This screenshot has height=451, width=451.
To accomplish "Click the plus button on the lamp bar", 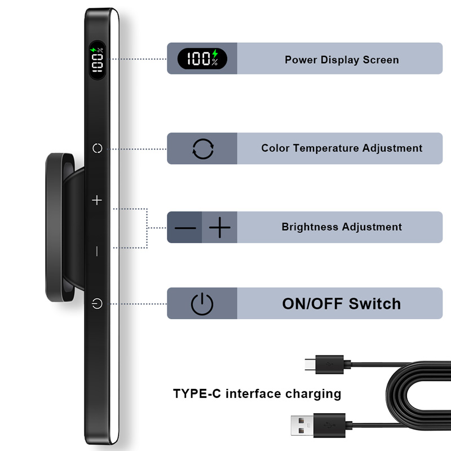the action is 97,200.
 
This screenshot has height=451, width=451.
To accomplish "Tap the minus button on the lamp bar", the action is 97,251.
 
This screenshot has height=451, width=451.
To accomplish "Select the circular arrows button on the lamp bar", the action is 97,148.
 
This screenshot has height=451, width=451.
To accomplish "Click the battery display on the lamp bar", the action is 97,60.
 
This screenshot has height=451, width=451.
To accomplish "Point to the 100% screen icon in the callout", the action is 202,59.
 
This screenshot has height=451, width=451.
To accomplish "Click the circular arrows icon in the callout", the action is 203,149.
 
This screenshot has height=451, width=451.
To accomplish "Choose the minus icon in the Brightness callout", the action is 185,228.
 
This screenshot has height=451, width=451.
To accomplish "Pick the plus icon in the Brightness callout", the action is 220,228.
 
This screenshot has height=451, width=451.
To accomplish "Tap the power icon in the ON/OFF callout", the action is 202,304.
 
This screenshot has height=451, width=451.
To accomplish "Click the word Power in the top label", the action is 301,60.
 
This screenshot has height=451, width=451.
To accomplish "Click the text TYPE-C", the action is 197,393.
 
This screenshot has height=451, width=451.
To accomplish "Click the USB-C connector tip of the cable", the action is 310,364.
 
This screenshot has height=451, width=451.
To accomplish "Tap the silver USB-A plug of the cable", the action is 302,426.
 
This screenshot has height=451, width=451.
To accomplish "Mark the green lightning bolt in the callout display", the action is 215,54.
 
